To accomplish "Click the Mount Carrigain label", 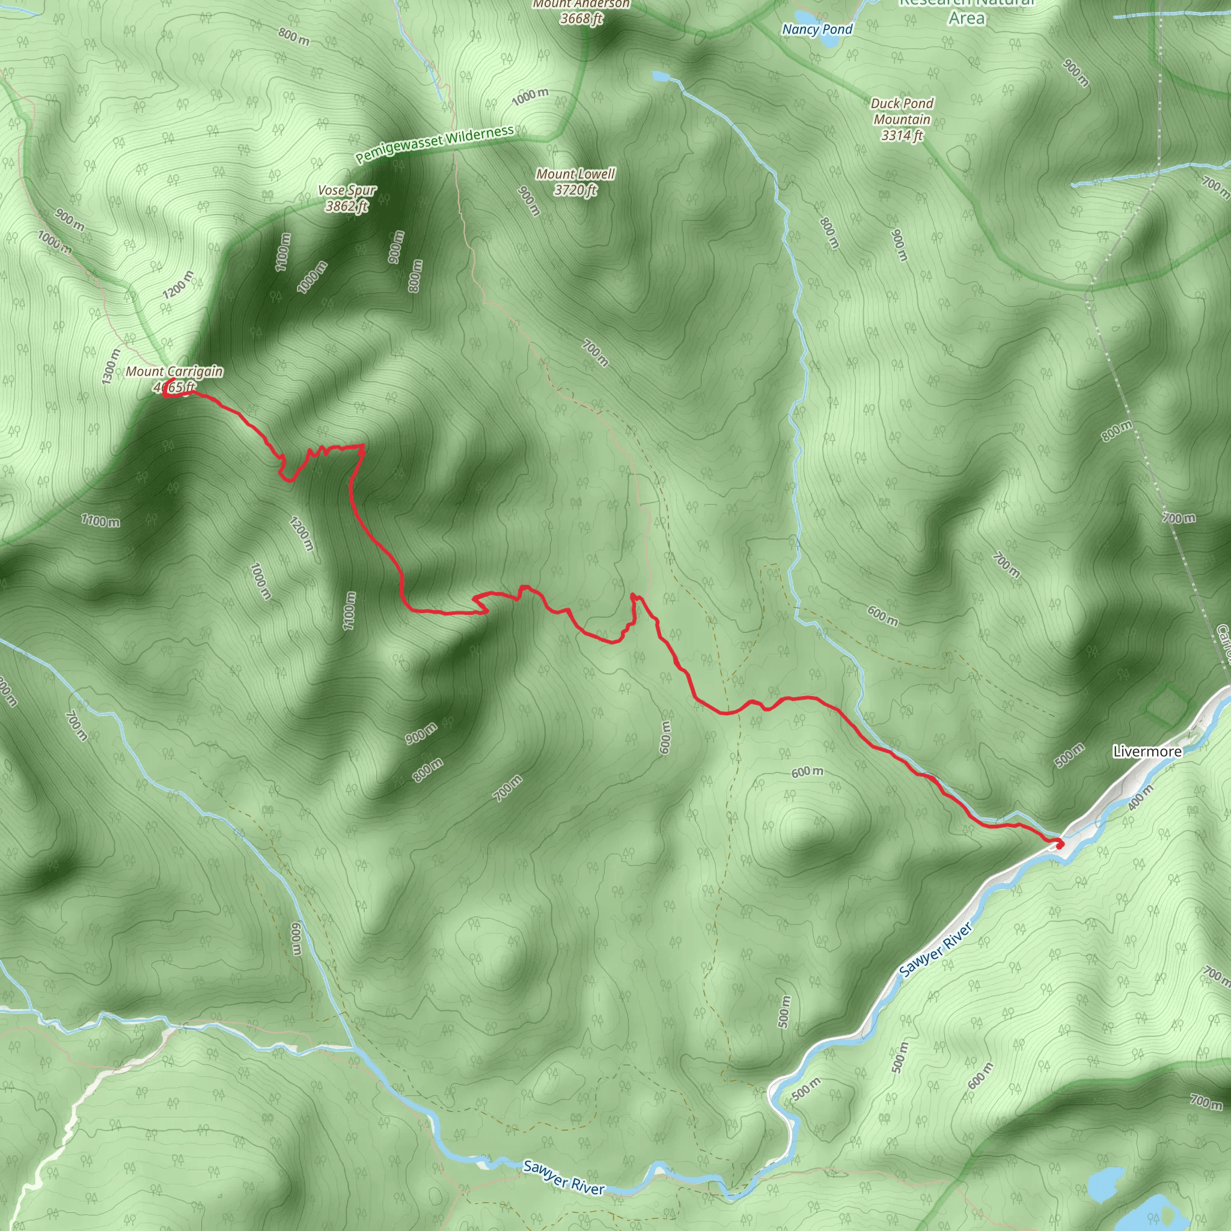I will click(x=174, y=371).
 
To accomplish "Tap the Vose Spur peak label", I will click(x=347, y=191).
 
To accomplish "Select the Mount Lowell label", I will click(x=575, y=174).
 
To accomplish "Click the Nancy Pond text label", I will click(x=817, y=29).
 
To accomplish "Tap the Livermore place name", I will click(x=1147, y=752).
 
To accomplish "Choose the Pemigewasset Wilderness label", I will click(x=435, y=144).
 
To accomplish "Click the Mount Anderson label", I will click(x=581, y=4).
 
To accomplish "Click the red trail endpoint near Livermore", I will click(x=1058, y=845).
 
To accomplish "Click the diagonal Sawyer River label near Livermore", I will click(x=936, y=950).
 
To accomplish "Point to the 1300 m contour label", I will click(x=111, y=367).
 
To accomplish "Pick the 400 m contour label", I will click(x=1140, y=797).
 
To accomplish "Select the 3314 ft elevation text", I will click(x=902, y=136).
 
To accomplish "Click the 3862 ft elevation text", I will click(x=347, y=206).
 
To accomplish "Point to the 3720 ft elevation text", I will click(x=575, y=190).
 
